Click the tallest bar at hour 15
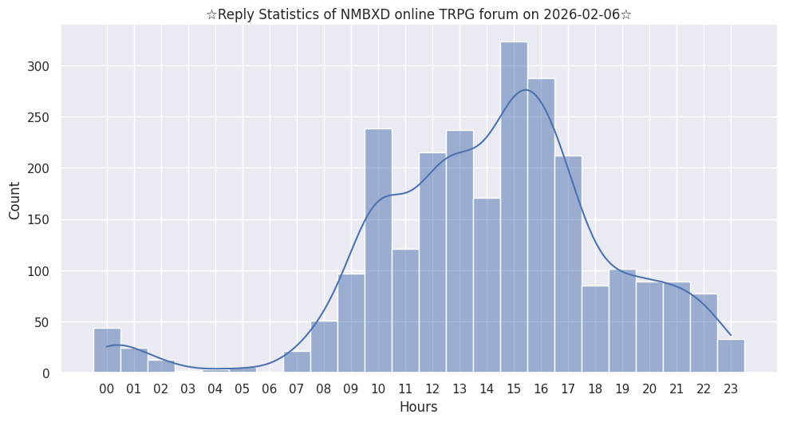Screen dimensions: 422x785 pyautogui.click(x=514, y=207)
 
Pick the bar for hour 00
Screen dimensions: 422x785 pyautogui.click(x=107, y=351)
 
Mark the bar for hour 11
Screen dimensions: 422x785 pyautogui.click(x=405, y=311)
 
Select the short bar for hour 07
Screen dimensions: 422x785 pyautogui.click(x=297, y=363)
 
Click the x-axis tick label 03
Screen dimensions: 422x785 pyautogui.click(x=188, y=389)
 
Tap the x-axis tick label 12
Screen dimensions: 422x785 pyautogui.click(x=432, y=389)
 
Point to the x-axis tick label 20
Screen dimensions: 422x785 pyautogui.click(x=649, y=389)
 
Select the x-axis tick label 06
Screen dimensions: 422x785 pyautogui.click(x=270, y=389)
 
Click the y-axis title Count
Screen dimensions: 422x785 pyautogui.click(x=15, y=201)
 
